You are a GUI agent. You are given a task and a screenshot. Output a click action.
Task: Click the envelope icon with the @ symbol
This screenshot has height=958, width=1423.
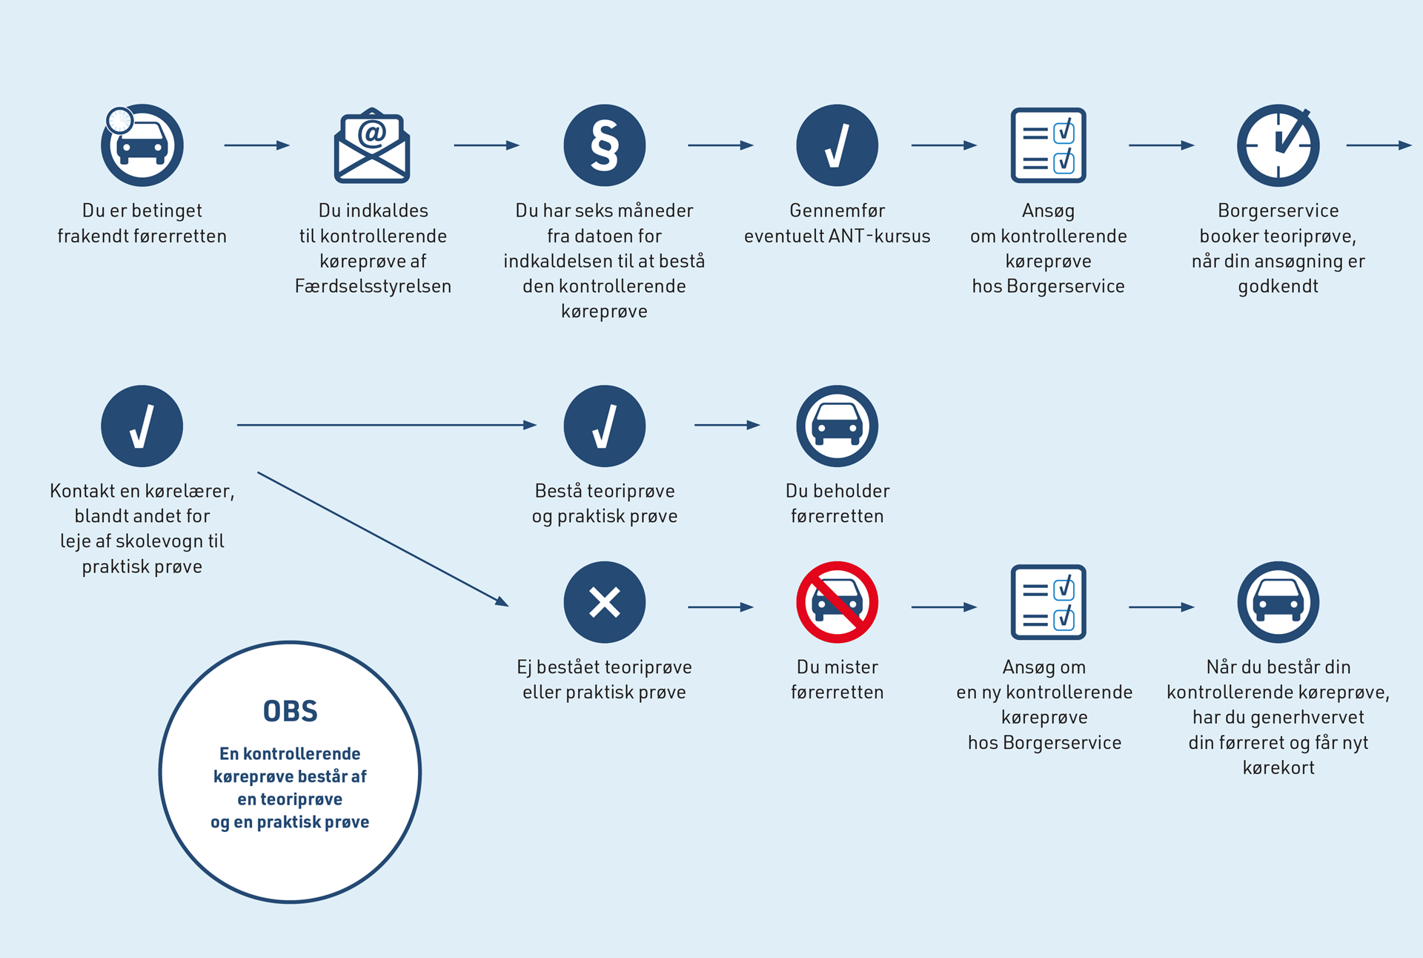(x=372, y=145)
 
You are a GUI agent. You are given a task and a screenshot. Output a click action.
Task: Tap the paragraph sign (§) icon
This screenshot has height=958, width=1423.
(x=605, y=145)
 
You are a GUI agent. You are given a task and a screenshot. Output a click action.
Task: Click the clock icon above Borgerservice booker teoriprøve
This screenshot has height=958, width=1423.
(x=1278, y=145)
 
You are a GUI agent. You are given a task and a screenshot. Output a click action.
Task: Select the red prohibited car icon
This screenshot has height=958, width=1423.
(x=837, y=602)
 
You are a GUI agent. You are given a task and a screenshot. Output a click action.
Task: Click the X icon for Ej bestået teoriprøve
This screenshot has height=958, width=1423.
(x=605, y=602)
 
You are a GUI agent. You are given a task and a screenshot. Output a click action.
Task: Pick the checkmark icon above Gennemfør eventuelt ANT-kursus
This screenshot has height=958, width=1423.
(x=837, y=145)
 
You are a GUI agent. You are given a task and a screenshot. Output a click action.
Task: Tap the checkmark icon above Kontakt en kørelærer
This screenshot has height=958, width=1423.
(x=142, y=426)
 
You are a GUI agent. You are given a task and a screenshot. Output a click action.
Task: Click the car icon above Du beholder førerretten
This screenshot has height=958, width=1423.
(x=837, y=426)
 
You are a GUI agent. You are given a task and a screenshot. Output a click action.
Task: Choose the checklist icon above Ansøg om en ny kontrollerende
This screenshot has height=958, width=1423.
(x=1049, y=602)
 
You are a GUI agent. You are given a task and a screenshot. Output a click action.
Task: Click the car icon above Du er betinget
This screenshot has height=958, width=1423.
(x=142, y=145)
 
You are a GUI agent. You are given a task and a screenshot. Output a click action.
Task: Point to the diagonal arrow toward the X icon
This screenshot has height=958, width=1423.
(x=383, y=539)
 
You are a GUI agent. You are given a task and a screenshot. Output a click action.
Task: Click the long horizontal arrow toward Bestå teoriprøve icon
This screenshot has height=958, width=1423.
(x=387, y=425)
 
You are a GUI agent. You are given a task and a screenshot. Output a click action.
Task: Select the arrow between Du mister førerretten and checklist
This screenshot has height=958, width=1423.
(x=944, y=607)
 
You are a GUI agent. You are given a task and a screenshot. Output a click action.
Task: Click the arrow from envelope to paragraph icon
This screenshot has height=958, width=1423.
(x=487, y=145)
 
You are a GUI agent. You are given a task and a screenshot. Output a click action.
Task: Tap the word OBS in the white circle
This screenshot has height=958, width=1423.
(x=291, y=712)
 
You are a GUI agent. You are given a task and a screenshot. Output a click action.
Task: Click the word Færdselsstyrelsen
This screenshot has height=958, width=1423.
(x=373, y=286)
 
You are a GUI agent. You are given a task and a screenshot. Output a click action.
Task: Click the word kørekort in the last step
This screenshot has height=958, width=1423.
(x=1278, y=767)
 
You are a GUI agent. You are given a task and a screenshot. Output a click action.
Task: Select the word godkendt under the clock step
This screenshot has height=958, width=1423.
(x=1278, y=287)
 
